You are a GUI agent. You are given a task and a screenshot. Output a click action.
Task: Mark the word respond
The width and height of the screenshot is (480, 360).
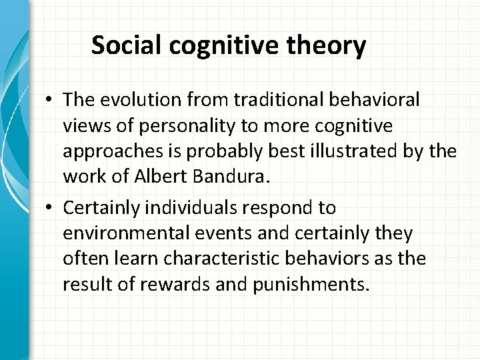pyautogui.click(x=289, y=208)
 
